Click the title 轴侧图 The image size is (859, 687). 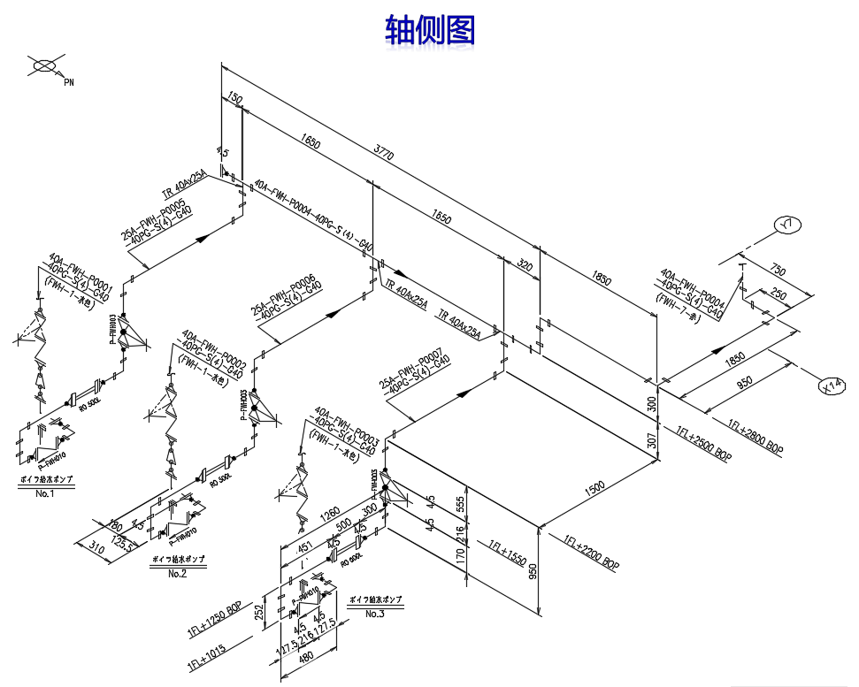(430, 30)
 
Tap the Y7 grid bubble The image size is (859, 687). (786, 226)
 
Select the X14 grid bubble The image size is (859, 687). (832, 386)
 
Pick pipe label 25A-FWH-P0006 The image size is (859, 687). (282, 296)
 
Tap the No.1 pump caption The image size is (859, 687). (45, 492)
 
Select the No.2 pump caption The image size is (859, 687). (178, 573)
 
